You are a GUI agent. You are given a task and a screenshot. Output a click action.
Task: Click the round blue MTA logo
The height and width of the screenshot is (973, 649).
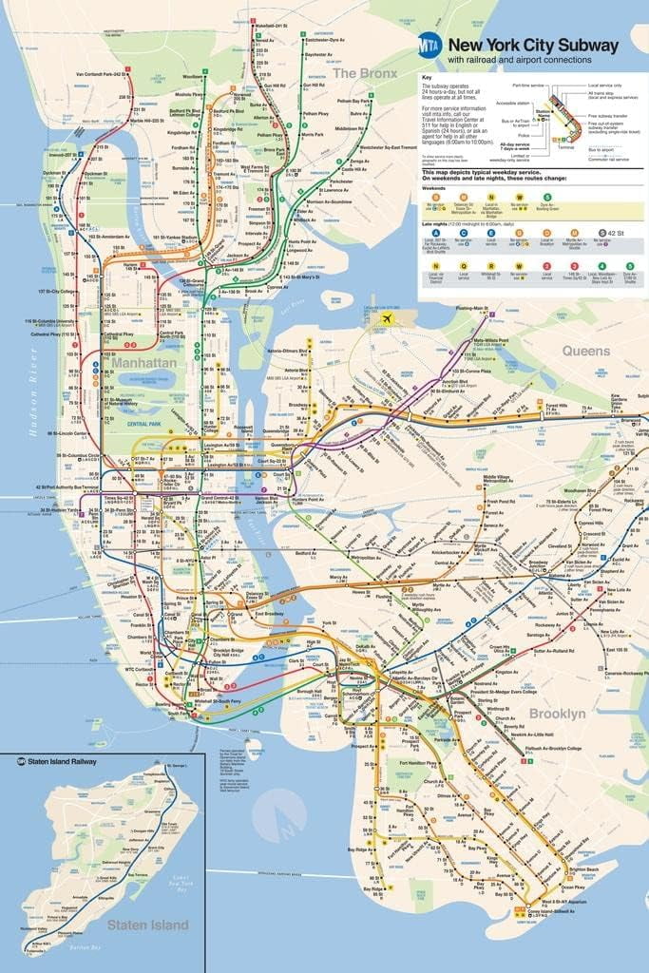tap(429, 46)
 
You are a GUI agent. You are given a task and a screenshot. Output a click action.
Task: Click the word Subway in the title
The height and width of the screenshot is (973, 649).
tap(582, 45)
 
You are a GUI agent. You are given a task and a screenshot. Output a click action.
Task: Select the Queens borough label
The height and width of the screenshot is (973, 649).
tap(585, 351)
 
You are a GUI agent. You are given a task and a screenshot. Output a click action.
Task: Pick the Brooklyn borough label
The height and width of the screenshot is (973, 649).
tap(558, 713)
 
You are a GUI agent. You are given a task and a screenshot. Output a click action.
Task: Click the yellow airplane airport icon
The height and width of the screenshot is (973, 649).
tap(385, 319)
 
